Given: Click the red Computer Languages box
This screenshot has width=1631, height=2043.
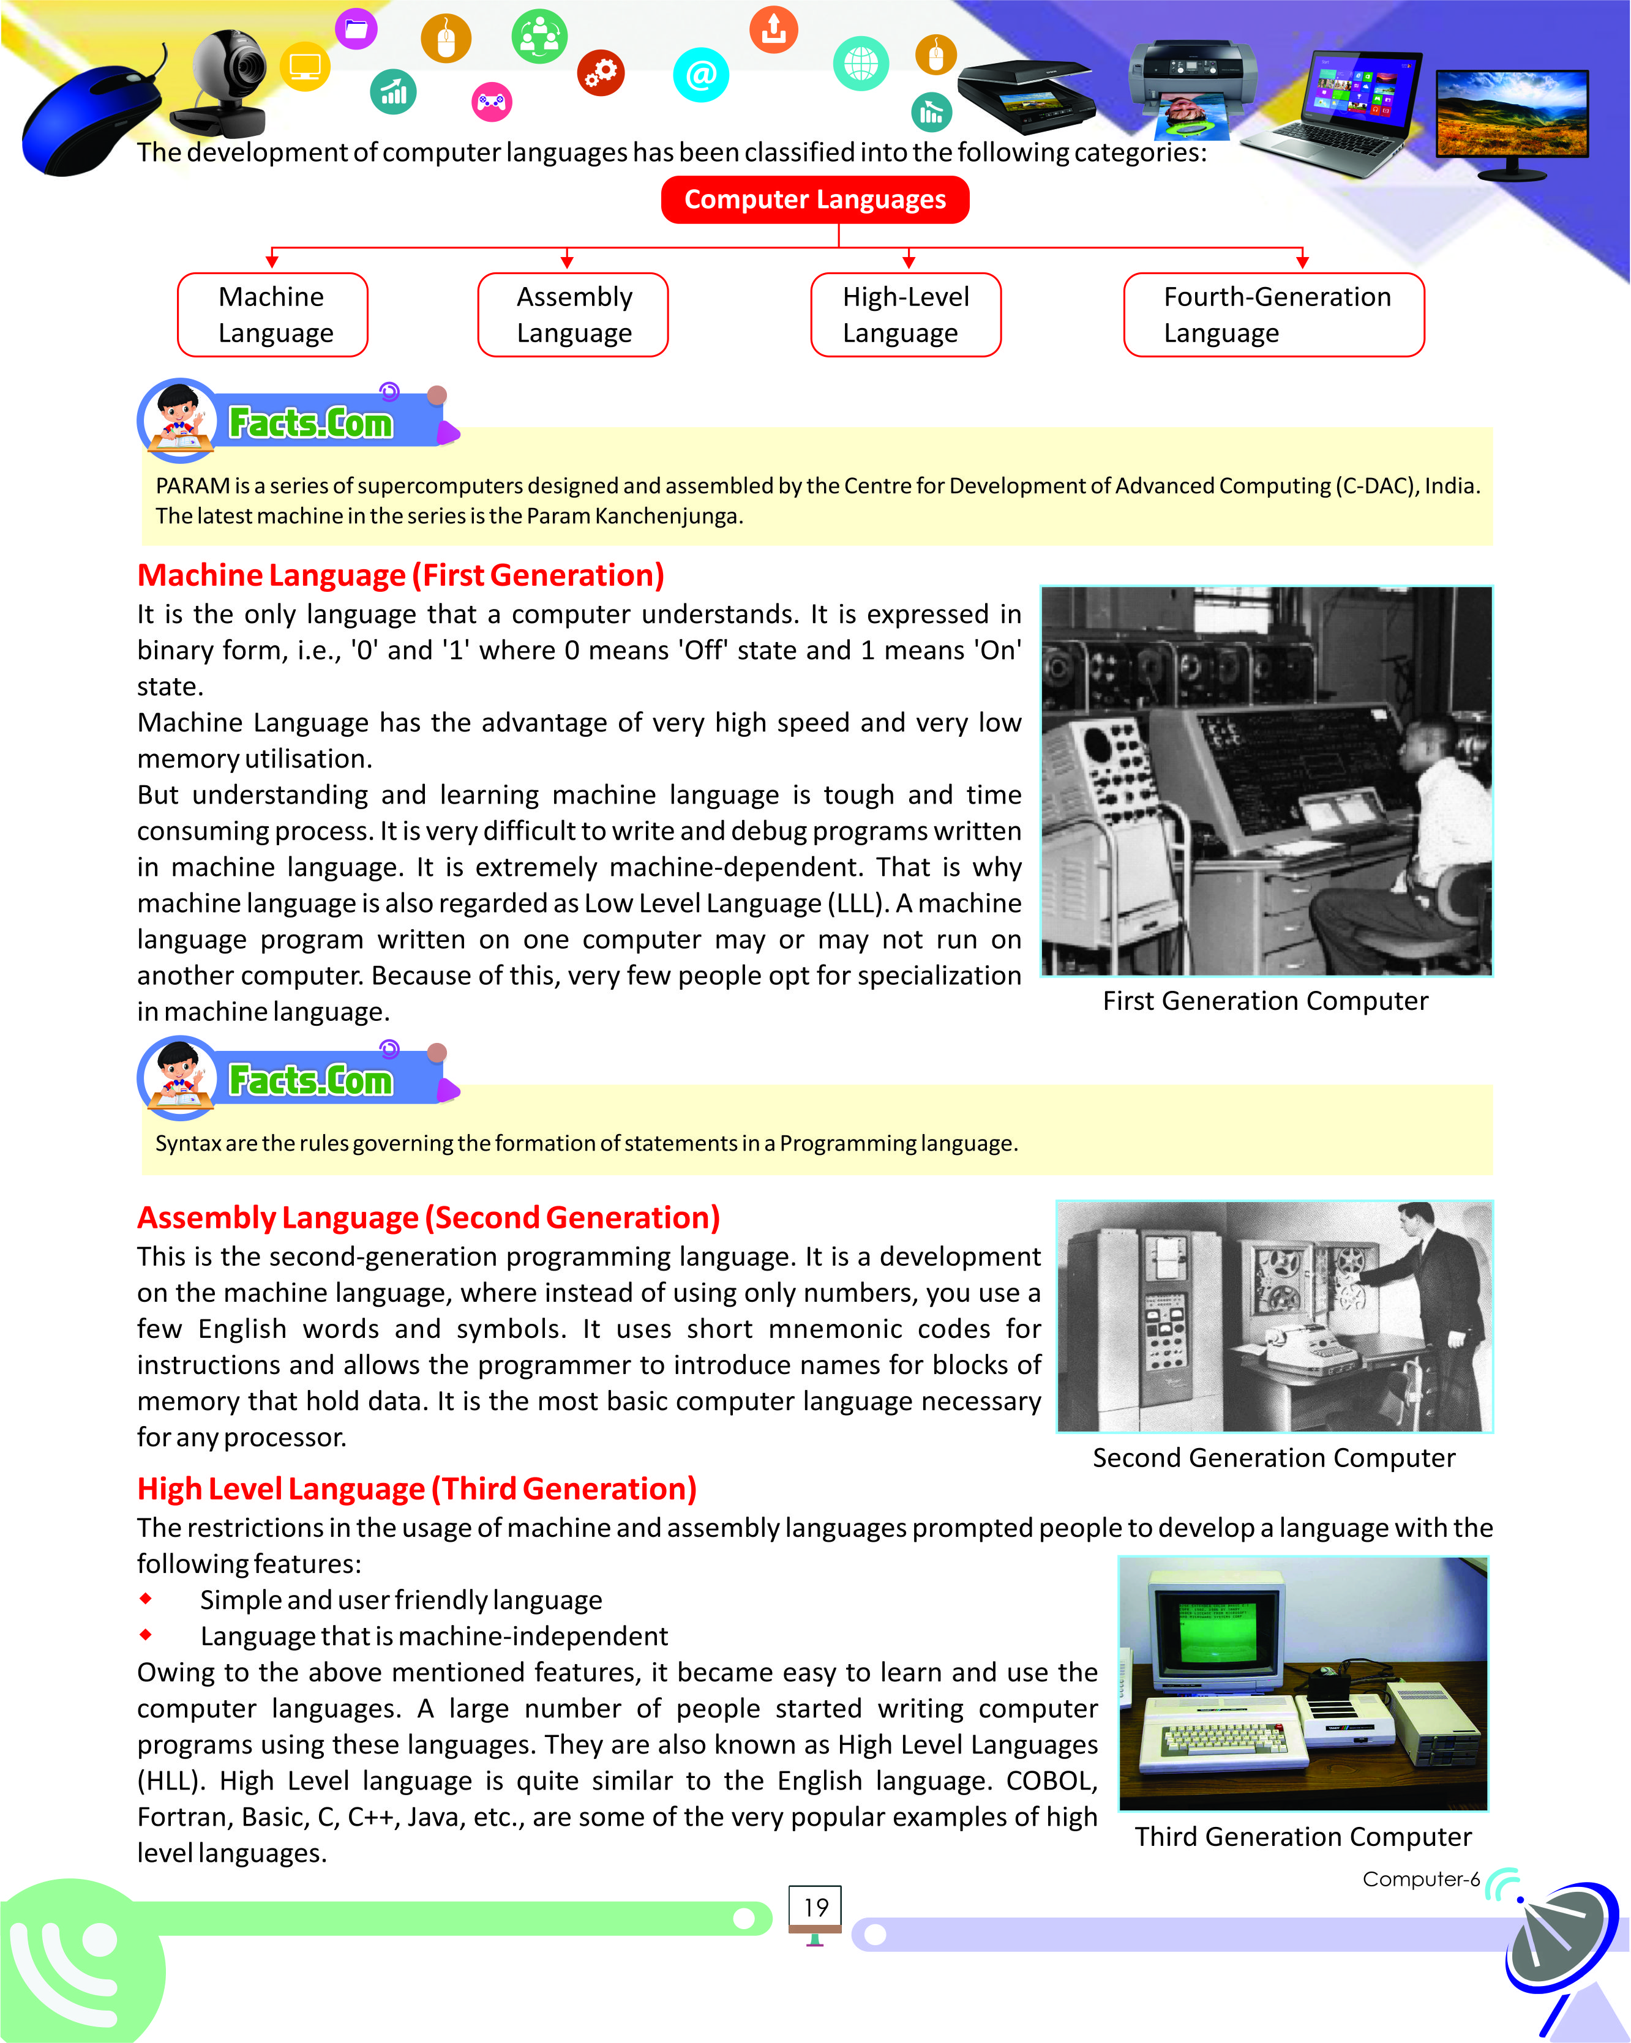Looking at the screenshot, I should [814, 200].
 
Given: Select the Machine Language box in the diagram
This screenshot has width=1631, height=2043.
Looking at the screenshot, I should [273, 315].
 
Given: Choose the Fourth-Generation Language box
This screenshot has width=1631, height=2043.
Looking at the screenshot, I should [1273, 315].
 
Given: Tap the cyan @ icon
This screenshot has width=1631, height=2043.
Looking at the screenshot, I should [700, 74].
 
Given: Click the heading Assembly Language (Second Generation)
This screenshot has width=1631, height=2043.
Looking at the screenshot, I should [429, 1217].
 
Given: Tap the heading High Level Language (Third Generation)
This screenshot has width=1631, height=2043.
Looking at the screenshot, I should [417, 1488].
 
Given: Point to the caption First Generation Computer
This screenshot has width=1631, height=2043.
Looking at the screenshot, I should [1265, 1001].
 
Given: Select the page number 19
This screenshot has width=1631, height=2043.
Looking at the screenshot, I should [815, 1908].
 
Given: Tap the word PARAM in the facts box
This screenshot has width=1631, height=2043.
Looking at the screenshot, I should [192, 486].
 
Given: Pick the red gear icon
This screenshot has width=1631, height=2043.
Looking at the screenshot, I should [601, 72].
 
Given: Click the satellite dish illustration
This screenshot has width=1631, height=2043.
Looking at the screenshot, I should [1559, 1943].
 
